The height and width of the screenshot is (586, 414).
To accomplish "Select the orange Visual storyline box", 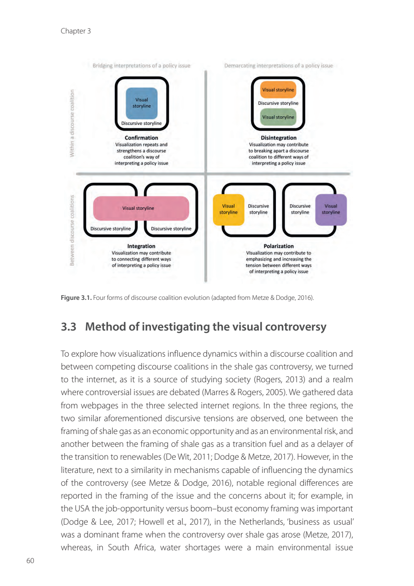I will (278, 90).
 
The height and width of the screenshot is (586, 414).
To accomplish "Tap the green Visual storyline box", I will (278, 117).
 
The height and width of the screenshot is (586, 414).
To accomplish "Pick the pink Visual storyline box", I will (141, 208).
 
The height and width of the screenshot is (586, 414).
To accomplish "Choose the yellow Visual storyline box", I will (228, 209).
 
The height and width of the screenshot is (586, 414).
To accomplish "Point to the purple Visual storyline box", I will (331, 209).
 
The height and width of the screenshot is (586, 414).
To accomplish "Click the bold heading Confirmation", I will (141, 138).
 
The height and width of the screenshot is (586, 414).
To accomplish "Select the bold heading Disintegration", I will (278, 138).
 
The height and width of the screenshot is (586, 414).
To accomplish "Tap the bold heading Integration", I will (141, 246).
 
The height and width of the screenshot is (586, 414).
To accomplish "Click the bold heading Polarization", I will (279, 246).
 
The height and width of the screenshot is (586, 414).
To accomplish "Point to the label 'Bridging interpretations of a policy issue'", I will (141, 65).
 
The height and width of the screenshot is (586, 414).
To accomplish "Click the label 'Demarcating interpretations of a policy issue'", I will (278, 65).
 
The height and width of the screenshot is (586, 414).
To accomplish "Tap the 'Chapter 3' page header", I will (75, 31).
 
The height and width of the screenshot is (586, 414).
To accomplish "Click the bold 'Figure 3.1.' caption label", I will (75, 298).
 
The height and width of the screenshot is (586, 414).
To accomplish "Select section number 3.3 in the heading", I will (69, 327).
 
